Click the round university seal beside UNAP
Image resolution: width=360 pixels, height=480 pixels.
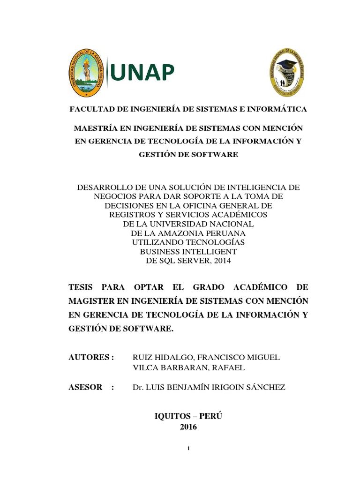tap(86, 73)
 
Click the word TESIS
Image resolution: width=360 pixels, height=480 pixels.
tap(82, 286)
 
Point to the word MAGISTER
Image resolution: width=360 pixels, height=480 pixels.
tap(90, 300)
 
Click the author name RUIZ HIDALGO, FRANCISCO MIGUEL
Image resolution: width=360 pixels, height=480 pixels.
tap(206, 357)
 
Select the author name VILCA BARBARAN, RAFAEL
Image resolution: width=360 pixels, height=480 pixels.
tap(188, 367)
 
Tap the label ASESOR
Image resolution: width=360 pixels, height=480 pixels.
tap(85, 387)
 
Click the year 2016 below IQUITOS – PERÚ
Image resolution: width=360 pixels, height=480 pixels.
tap(188, 427)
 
